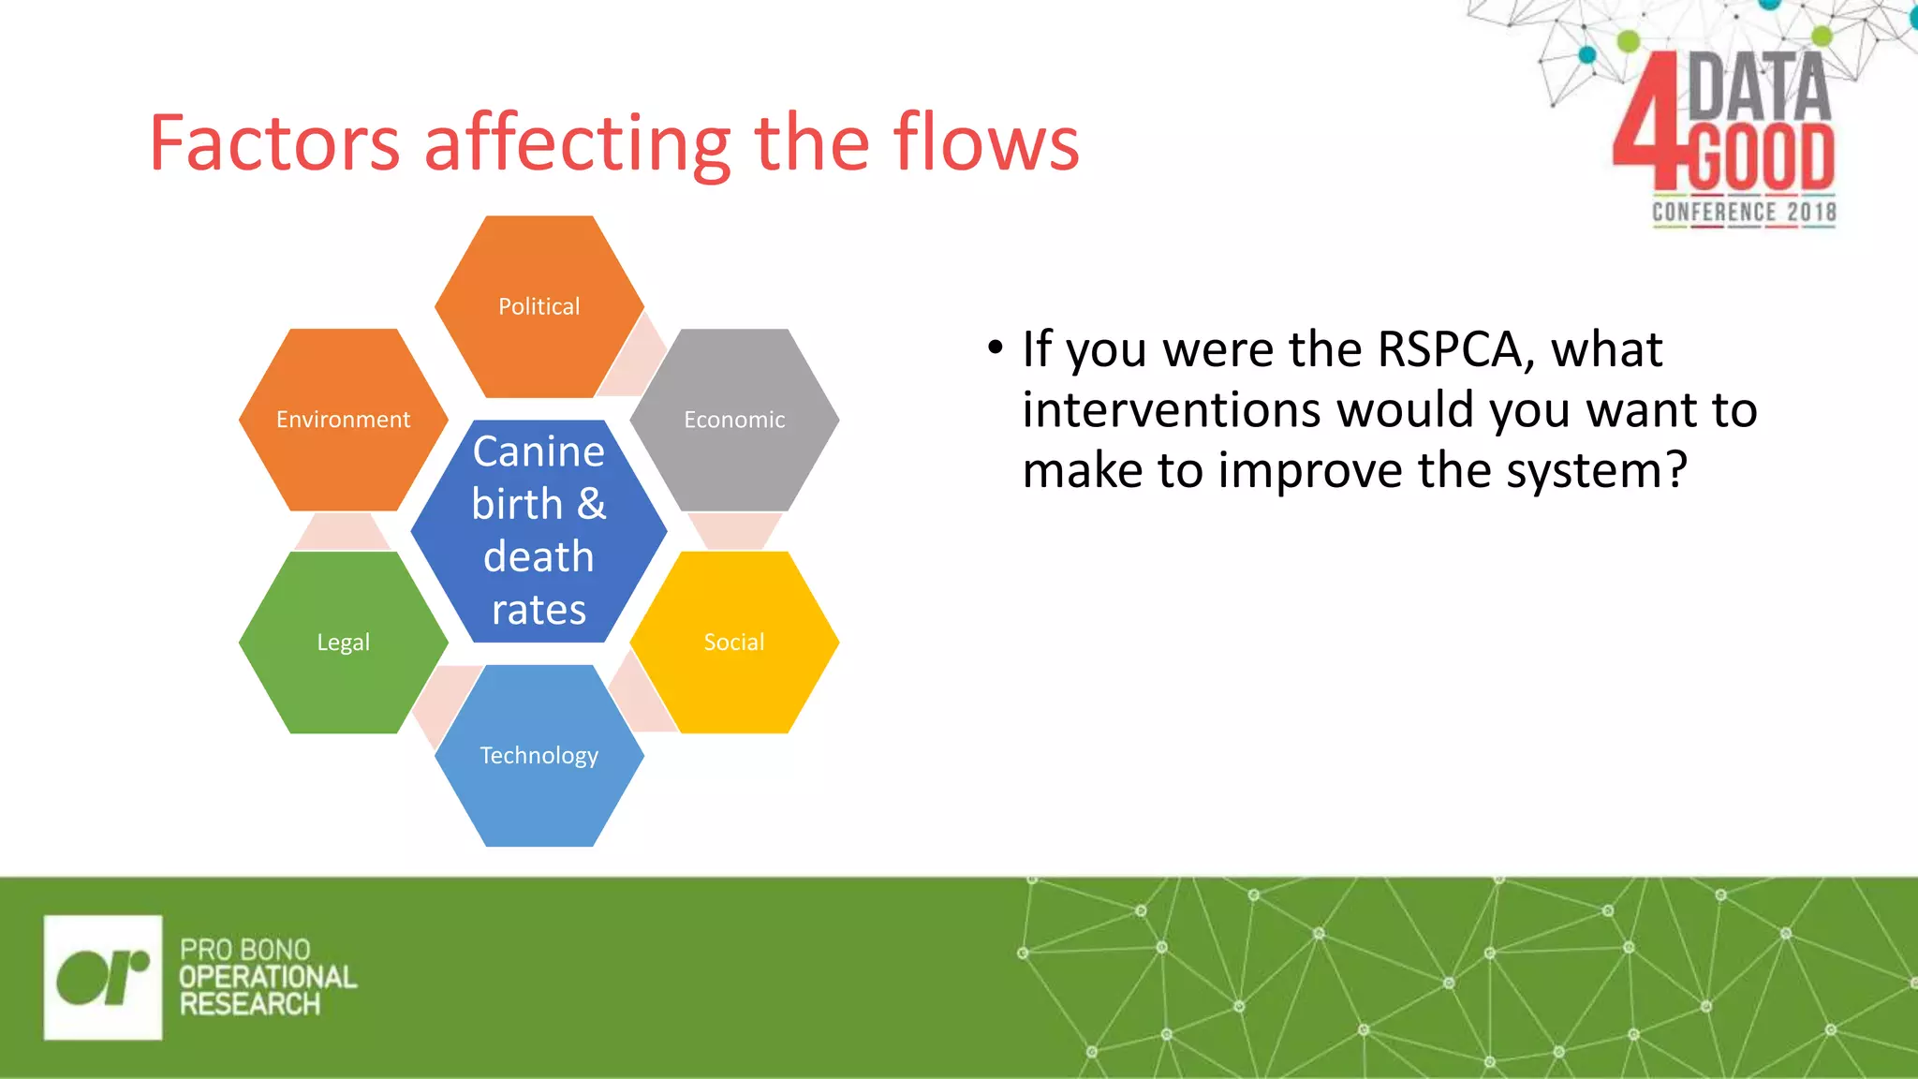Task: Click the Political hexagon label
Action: tap(539, 306)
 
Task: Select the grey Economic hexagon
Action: tap(734, 440)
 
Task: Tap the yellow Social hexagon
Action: tap(734, 656)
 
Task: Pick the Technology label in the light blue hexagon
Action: tap(539, 756)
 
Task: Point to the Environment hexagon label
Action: tap(343, 420)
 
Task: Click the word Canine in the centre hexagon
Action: tap(539, 452)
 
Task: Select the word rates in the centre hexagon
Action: tap(539, 610)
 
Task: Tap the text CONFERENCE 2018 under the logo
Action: tap(1743, 213)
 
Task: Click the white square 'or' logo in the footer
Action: tap(103, 977)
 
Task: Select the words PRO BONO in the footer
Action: tap(244, 950)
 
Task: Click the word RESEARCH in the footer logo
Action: tap(250, 1005)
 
